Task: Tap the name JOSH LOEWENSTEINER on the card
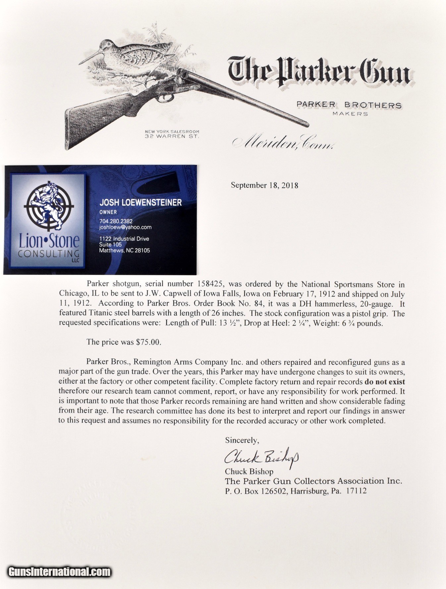coord(140,203)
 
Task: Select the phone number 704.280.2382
coord(116,221)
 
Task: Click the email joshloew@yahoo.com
coord(125,227)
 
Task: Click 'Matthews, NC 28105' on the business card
coord(125,250)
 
